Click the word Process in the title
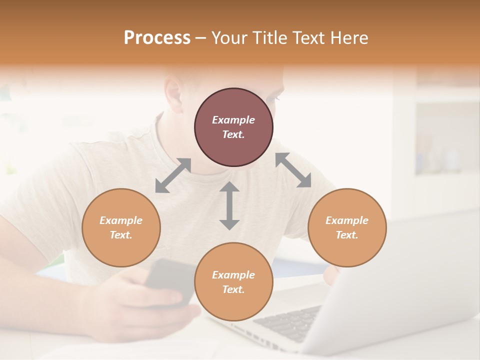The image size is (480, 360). pos(157,38)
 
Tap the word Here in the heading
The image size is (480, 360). pos(349,38)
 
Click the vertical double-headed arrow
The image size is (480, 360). pos(229,206)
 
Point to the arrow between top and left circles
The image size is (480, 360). pos(173,175)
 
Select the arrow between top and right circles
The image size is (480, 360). pos(293,170)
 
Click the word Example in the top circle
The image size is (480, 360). pos(233,120)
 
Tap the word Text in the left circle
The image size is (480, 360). pos(121,235)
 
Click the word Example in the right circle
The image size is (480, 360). pos(347,220)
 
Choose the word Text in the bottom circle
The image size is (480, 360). pos(233,289)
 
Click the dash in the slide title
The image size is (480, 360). pos(201,38)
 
